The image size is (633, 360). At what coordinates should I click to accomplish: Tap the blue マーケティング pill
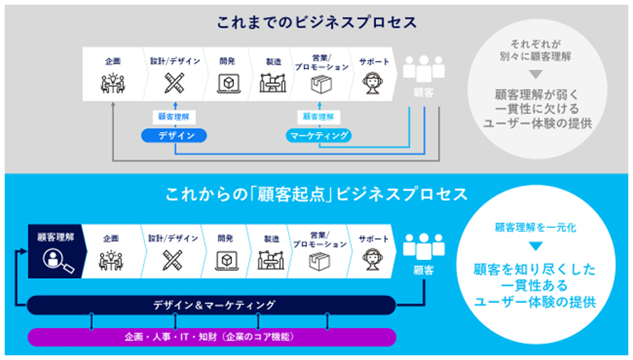(x=317, y=135)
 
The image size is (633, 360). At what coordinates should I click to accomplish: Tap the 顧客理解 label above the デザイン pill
(x=173, y=116)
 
